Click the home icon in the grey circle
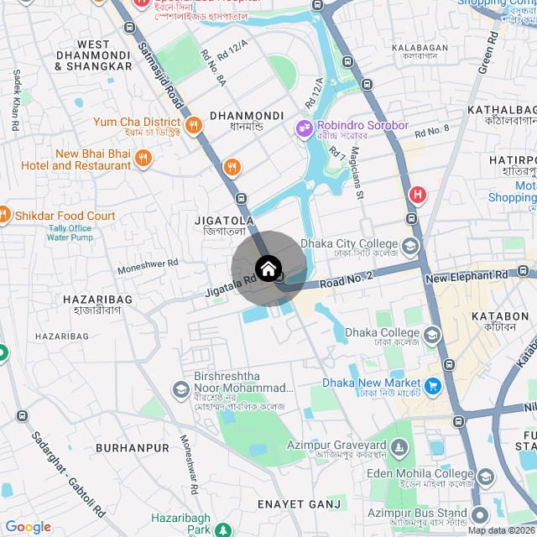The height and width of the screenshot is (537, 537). pos(268,268)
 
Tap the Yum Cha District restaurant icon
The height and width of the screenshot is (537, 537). pos(194,125)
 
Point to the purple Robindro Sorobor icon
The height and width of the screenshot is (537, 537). pos(303,128)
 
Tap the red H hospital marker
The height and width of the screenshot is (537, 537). pos(417,196)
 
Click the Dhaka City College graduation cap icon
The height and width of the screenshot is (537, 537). pos(409,247)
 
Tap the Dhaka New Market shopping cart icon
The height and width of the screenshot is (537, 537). pos(433,386)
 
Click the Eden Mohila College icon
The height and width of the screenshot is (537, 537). pos(486,477)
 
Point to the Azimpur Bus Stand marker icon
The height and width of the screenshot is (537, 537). pos(479,514)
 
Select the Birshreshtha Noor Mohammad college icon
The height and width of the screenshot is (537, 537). pos(180,390)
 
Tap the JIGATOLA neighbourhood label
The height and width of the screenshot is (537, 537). pos(224,220)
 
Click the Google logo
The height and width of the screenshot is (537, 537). pos(28,527)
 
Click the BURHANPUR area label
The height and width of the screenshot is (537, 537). pos(133,448)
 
